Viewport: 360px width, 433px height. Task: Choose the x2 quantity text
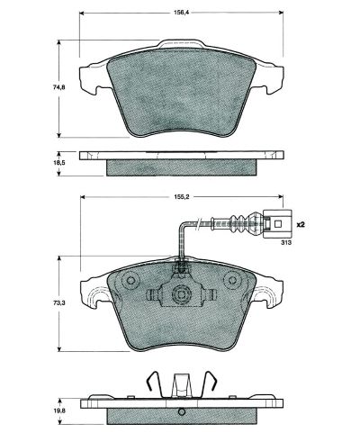(x=301, y=222)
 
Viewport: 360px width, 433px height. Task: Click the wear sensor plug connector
(x=278, y=220)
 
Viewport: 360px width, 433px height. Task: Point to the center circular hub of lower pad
(x=180, y=294)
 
